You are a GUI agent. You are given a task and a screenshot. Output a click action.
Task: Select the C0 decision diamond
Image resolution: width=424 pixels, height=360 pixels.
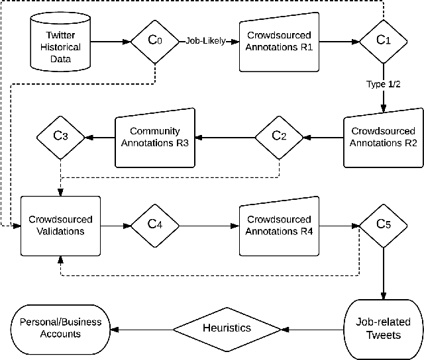[154, 41]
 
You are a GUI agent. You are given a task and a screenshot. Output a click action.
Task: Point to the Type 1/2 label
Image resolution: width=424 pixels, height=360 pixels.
[384, 85]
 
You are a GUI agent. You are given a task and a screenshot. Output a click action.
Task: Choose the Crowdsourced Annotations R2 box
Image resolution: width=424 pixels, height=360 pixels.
[384, 137]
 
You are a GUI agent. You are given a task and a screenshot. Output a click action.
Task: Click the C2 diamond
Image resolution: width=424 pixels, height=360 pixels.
[280, 137]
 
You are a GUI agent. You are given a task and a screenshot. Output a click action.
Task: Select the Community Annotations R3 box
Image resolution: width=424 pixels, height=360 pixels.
[154, 137]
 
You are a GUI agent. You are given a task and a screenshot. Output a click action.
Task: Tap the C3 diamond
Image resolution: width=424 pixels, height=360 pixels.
[60, 137]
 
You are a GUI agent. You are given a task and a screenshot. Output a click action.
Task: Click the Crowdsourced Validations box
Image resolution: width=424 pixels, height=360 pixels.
[60, 225]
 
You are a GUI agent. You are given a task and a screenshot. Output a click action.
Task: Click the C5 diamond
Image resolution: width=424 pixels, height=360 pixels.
[384, 225]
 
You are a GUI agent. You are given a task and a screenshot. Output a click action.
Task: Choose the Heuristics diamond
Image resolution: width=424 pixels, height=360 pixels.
[217, 328]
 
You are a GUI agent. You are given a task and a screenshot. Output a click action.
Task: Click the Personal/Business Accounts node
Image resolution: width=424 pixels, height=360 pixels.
[60, 328]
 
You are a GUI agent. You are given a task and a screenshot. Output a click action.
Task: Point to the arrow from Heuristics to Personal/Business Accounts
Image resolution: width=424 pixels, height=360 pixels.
[143, 328]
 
